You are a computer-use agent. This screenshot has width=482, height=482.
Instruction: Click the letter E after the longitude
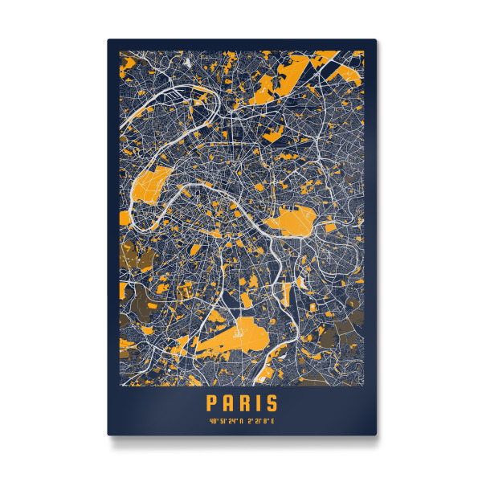(x=273, y=421)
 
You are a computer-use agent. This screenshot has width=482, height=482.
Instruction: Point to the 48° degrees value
(x=213, y=421)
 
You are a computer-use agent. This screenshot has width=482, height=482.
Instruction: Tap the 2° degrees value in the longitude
(x=250, y=421)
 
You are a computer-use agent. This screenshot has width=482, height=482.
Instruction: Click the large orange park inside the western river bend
(x=149, y=190)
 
